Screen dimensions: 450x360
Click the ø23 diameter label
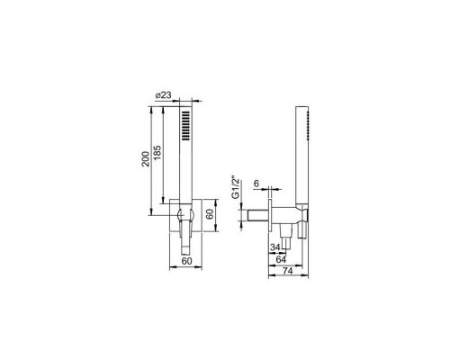coord(164,95)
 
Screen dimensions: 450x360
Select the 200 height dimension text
coord(146,159)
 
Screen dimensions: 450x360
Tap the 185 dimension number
coord(157,153)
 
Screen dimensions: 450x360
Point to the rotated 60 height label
coord(210,213)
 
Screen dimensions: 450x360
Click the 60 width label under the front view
coord(186,261)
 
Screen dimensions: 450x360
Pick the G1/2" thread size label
coord(236,187)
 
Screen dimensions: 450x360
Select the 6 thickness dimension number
coord(256,184)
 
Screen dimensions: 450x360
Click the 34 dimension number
coord(275,247)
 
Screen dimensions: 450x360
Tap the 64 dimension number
coord(281,259)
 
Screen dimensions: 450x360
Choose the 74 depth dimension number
coord(287,271)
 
